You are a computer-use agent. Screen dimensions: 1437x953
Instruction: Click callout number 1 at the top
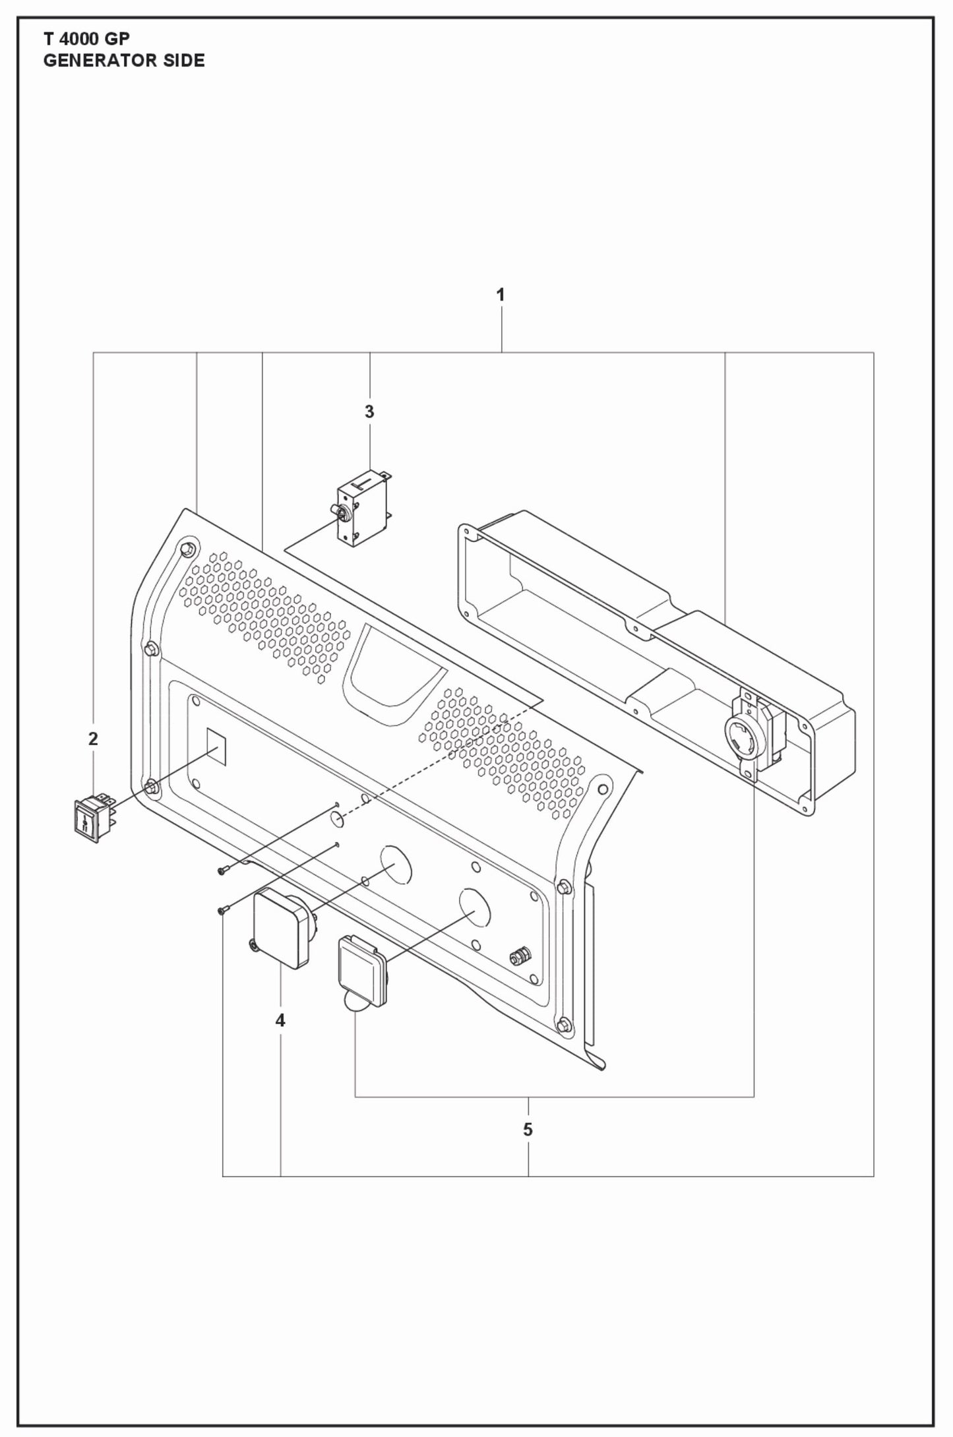[x=501, y=295]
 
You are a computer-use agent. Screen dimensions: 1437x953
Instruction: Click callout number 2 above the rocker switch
[x=93, y=739]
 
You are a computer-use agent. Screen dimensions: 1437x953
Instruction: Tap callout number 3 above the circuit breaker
[x=369, y=412]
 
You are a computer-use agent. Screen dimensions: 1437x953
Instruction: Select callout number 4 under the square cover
[x=280, y=1021]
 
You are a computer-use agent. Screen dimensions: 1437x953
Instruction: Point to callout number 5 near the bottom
[x=528, y=1130]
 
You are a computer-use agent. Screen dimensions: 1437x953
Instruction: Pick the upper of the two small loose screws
[x=222, y=872]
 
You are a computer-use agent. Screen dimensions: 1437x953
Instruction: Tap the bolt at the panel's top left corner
[x=187, y=549]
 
